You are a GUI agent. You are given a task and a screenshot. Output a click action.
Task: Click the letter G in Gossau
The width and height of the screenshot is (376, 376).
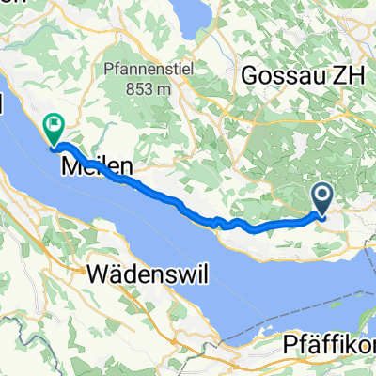[x=249, y=75]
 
